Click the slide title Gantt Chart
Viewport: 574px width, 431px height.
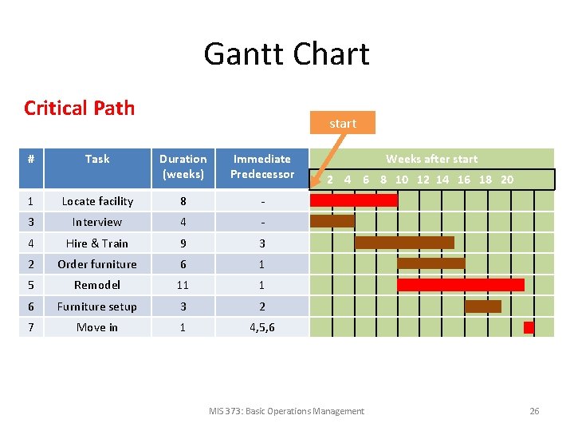coord(286,54)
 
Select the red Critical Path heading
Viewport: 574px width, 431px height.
coord(79,108)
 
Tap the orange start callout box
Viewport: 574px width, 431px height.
coord(343,123)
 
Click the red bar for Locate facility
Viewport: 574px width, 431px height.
coord(353,200)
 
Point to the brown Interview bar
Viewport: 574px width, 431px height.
coord(332,221)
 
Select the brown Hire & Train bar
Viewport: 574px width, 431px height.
coord(404,243)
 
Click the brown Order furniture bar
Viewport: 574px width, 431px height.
coord(431,263)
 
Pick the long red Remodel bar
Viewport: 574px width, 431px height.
coord(461,285)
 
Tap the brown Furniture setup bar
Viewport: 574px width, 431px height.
coord(482,306)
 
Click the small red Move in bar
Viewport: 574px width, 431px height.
coord(529,327)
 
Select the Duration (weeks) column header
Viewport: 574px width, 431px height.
coord(183,166)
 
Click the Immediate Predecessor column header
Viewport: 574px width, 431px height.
coord(261,166)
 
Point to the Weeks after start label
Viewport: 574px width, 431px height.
coord(431,159)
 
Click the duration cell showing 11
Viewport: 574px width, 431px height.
coord(183,285)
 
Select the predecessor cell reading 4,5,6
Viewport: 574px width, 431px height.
coord(261,327)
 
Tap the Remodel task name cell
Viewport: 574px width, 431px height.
coord(97,285)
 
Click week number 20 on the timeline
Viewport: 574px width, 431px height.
coord(507,180)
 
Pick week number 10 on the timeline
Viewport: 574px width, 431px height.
coord(402,180)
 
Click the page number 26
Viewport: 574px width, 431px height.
coord(534,411)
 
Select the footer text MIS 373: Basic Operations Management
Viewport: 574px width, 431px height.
coord(286,411)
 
